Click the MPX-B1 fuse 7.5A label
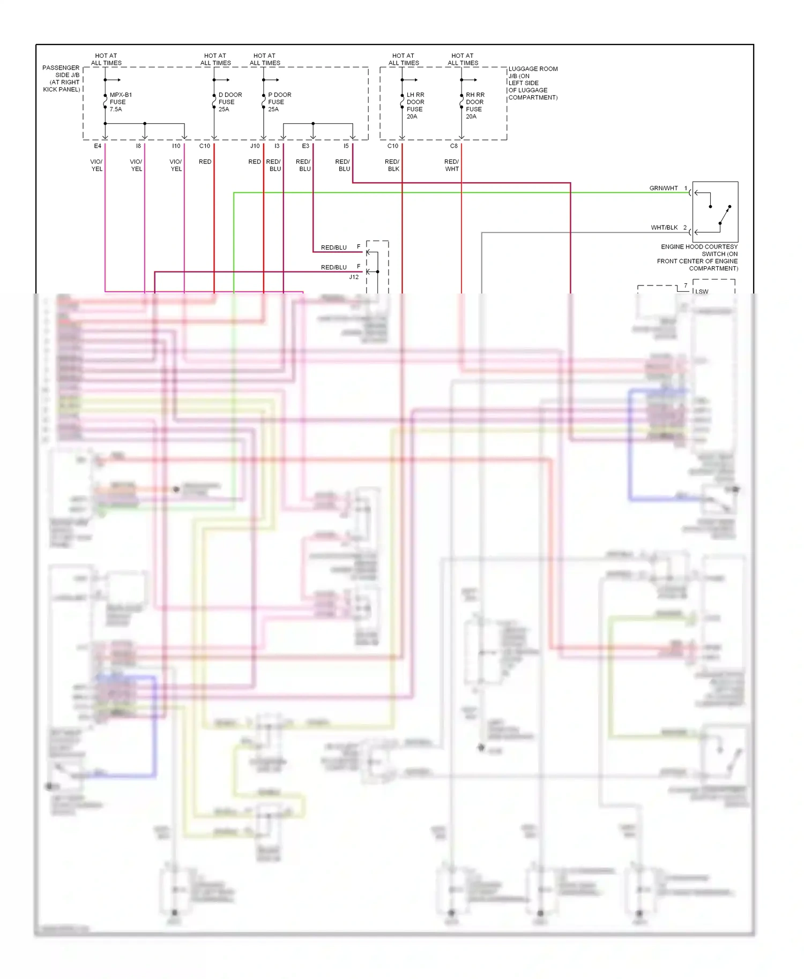tap(120, 102)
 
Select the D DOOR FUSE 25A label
tap(230, 102)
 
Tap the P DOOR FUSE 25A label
tap(279, 102)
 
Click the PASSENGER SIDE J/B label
tap(61, 78)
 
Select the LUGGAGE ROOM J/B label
tap(533, 83)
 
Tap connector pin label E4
tap(98, 146)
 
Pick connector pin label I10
tap(176, 146)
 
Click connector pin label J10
tap(255, 146)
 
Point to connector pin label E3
tap(306, 146)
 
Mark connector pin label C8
tap(453, 146)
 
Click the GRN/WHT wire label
tap(664, 189)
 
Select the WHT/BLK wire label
tap(664, 228)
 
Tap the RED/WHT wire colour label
tap(451, 165)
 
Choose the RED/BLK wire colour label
tap(392, 165)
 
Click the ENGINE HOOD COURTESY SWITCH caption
tap(698, 258)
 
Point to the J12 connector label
tap(354, 277)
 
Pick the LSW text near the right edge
tap(702, 291)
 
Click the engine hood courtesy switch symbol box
tap(715, 212)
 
